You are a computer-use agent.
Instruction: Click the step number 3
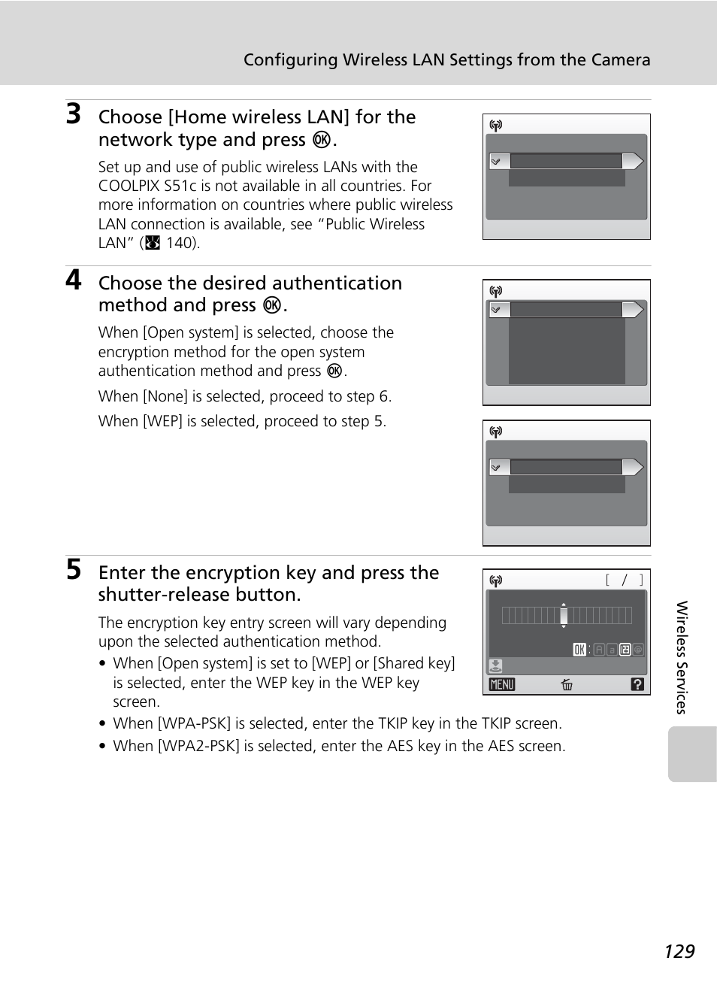[73, 114]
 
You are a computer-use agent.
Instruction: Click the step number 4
[73, 280]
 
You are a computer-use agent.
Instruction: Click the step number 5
[73, 569]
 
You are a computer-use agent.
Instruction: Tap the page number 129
[679, 951]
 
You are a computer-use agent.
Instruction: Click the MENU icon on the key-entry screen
[502, 684]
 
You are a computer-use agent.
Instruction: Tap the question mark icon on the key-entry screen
[637, 684]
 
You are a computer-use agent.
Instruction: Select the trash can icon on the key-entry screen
[567, 684]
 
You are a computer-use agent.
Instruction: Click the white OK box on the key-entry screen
[579, 650]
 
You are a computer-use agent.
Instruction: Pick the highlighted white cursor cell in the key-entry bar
[564, 616]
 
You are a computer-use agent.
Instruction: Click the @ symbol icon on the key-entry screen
[638, 650]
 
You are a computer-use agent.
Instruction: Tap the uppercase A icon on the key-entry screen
[599, 650]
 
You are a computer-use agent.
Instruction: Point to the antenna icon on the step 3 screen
[495, 126]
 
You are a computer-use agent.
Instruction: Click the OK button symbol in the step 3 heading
[322, 140]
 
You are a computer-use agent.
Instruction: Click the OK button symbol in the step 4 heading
[272, 305]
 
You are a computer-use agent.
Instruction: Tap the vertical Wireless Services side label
[682, 657]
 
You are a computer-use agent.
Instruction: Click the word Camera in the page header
[619, 60]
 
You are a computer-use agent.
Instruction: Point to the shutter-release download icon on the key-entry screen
[495, 666]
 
